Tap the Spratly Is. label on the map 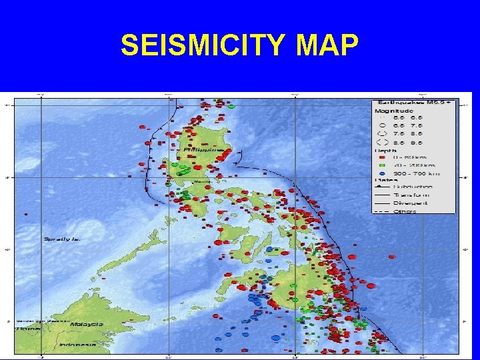click(62, 239)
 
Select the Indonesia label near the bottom click(77, 345)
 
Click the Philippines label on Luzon click(202, 151)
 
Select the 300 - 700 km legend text click(416, 173)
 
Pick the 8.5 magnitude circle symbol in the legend click(381, 141)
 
